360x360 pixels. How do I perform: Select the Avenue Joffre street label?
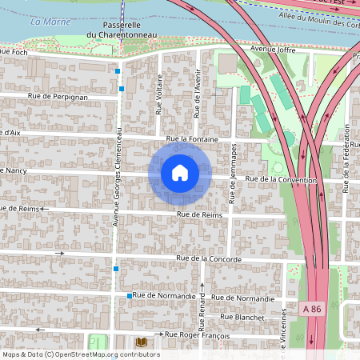267,49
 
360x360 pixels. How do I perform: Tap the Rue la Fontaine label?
192,139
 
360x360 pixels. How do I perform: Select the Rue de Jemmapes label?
233,173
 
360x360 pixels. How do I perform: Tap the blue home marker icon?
179,173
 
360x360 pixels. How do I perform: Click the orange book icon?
142,342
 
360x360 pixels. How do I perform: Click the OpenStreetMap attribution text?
81,354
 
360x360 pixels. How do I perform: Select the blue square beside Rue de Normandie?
129,296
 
